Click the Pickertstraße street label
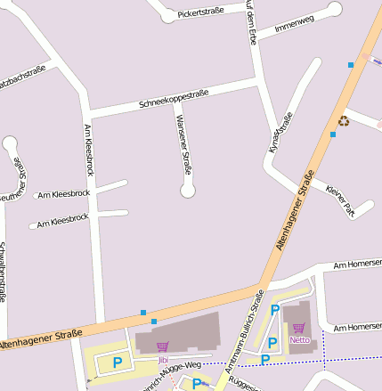click(200, 13)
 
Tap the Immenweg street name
click(294, 25)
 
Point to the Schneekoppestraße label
click(174, 99)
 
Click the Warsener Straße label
click(183, 143)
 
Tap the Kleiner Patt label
click(341, 200)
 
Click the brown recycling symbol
click(344, 121)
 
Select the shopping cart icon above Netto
click(298, 328)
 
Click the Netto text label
click(299, 339)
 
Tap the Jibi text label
click(163, 360)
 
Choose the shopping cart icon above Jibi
click(162, 347)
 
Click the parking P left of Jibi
click(117, 363)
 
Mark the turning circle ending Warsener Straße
click(188, 191)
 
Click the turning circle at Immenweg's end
click(335, 10)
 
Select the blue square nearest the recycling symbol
click(333, 134)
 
